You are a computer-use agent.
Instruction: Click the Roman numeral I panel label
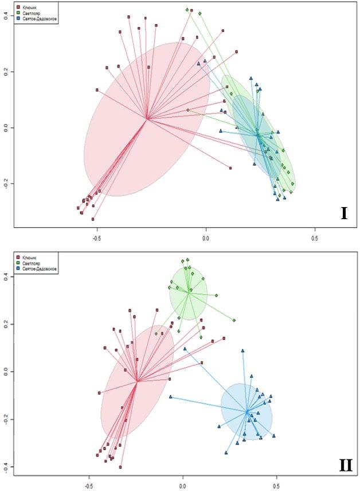tap(343, 213)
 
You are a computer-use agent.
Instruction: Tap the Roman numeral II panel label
tap(345, 464)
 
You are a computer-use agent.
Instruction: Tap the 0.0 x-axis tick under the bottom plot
tap(183, 484)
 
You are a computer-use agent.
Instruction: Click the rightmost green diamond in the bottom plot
tap(234, 320)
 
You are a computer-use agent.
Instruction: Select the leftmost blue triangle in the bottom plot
tap(170, 396)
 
